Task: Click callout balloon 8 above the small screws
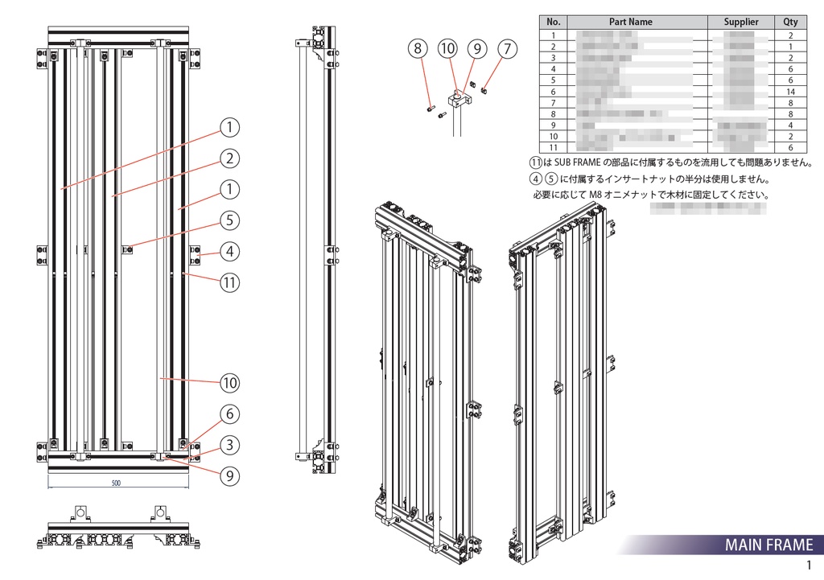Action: pyautogui.click(x=417, y=49)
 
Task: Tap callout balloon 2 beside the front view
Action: pyautogui.click(x=229, y=158)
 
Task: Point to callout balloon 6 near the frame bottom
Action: pyautogui.click(x=229, y=414)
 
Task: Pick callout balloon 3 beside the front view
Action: pyautogui.click(x=229, y=445)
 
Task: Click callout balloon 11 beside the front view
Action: pyautogui.click(x=229, y=282)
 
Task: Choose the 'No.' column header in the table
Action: pyautogui.click(x=553, y=22)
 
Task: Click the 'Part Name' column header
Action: pyautogui.click(x=630, y=22)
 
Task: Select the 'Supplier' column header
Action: pyautogui.click(x=740, y=22)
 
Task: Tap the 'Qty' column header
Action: pyautogui.click(x=790, y=22)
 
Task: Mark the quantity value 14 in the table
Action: pyautogui.click(x=790, y=92)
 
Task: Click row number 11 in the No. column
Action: pyautogui.click(x=553, y=148)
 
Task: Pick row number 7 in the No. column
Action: pyautogui.click(x=553, y=103)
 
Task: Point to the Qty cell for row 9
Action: pyautogui.click(x=790, y=125)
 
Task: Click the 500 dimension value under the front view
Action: pyautogui.click(x=116, y=483)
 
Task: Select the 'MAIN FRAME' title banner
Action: pyautogui.click(x=768, y=545)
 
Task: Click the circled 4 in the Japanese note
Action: pyautogui.click(x=535, y=179)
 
